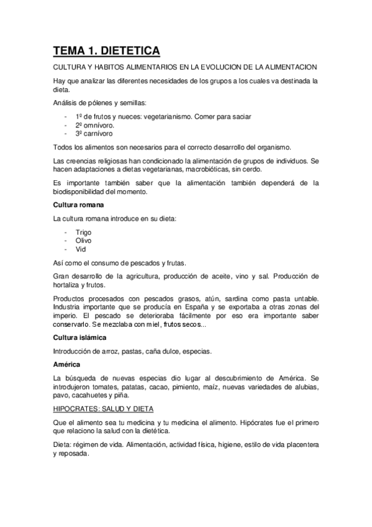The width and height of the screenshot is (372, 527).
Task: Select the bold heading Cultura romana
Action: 78,204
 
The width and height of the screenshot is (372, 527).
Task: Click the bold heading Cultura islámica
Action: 80,337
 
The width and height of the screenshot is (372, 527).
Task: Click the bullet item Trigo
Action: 83,232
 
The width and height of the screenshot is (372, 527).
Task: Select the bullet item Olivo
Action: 83,241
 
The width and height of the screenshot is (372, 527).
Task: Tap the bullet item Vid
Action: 81,249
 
